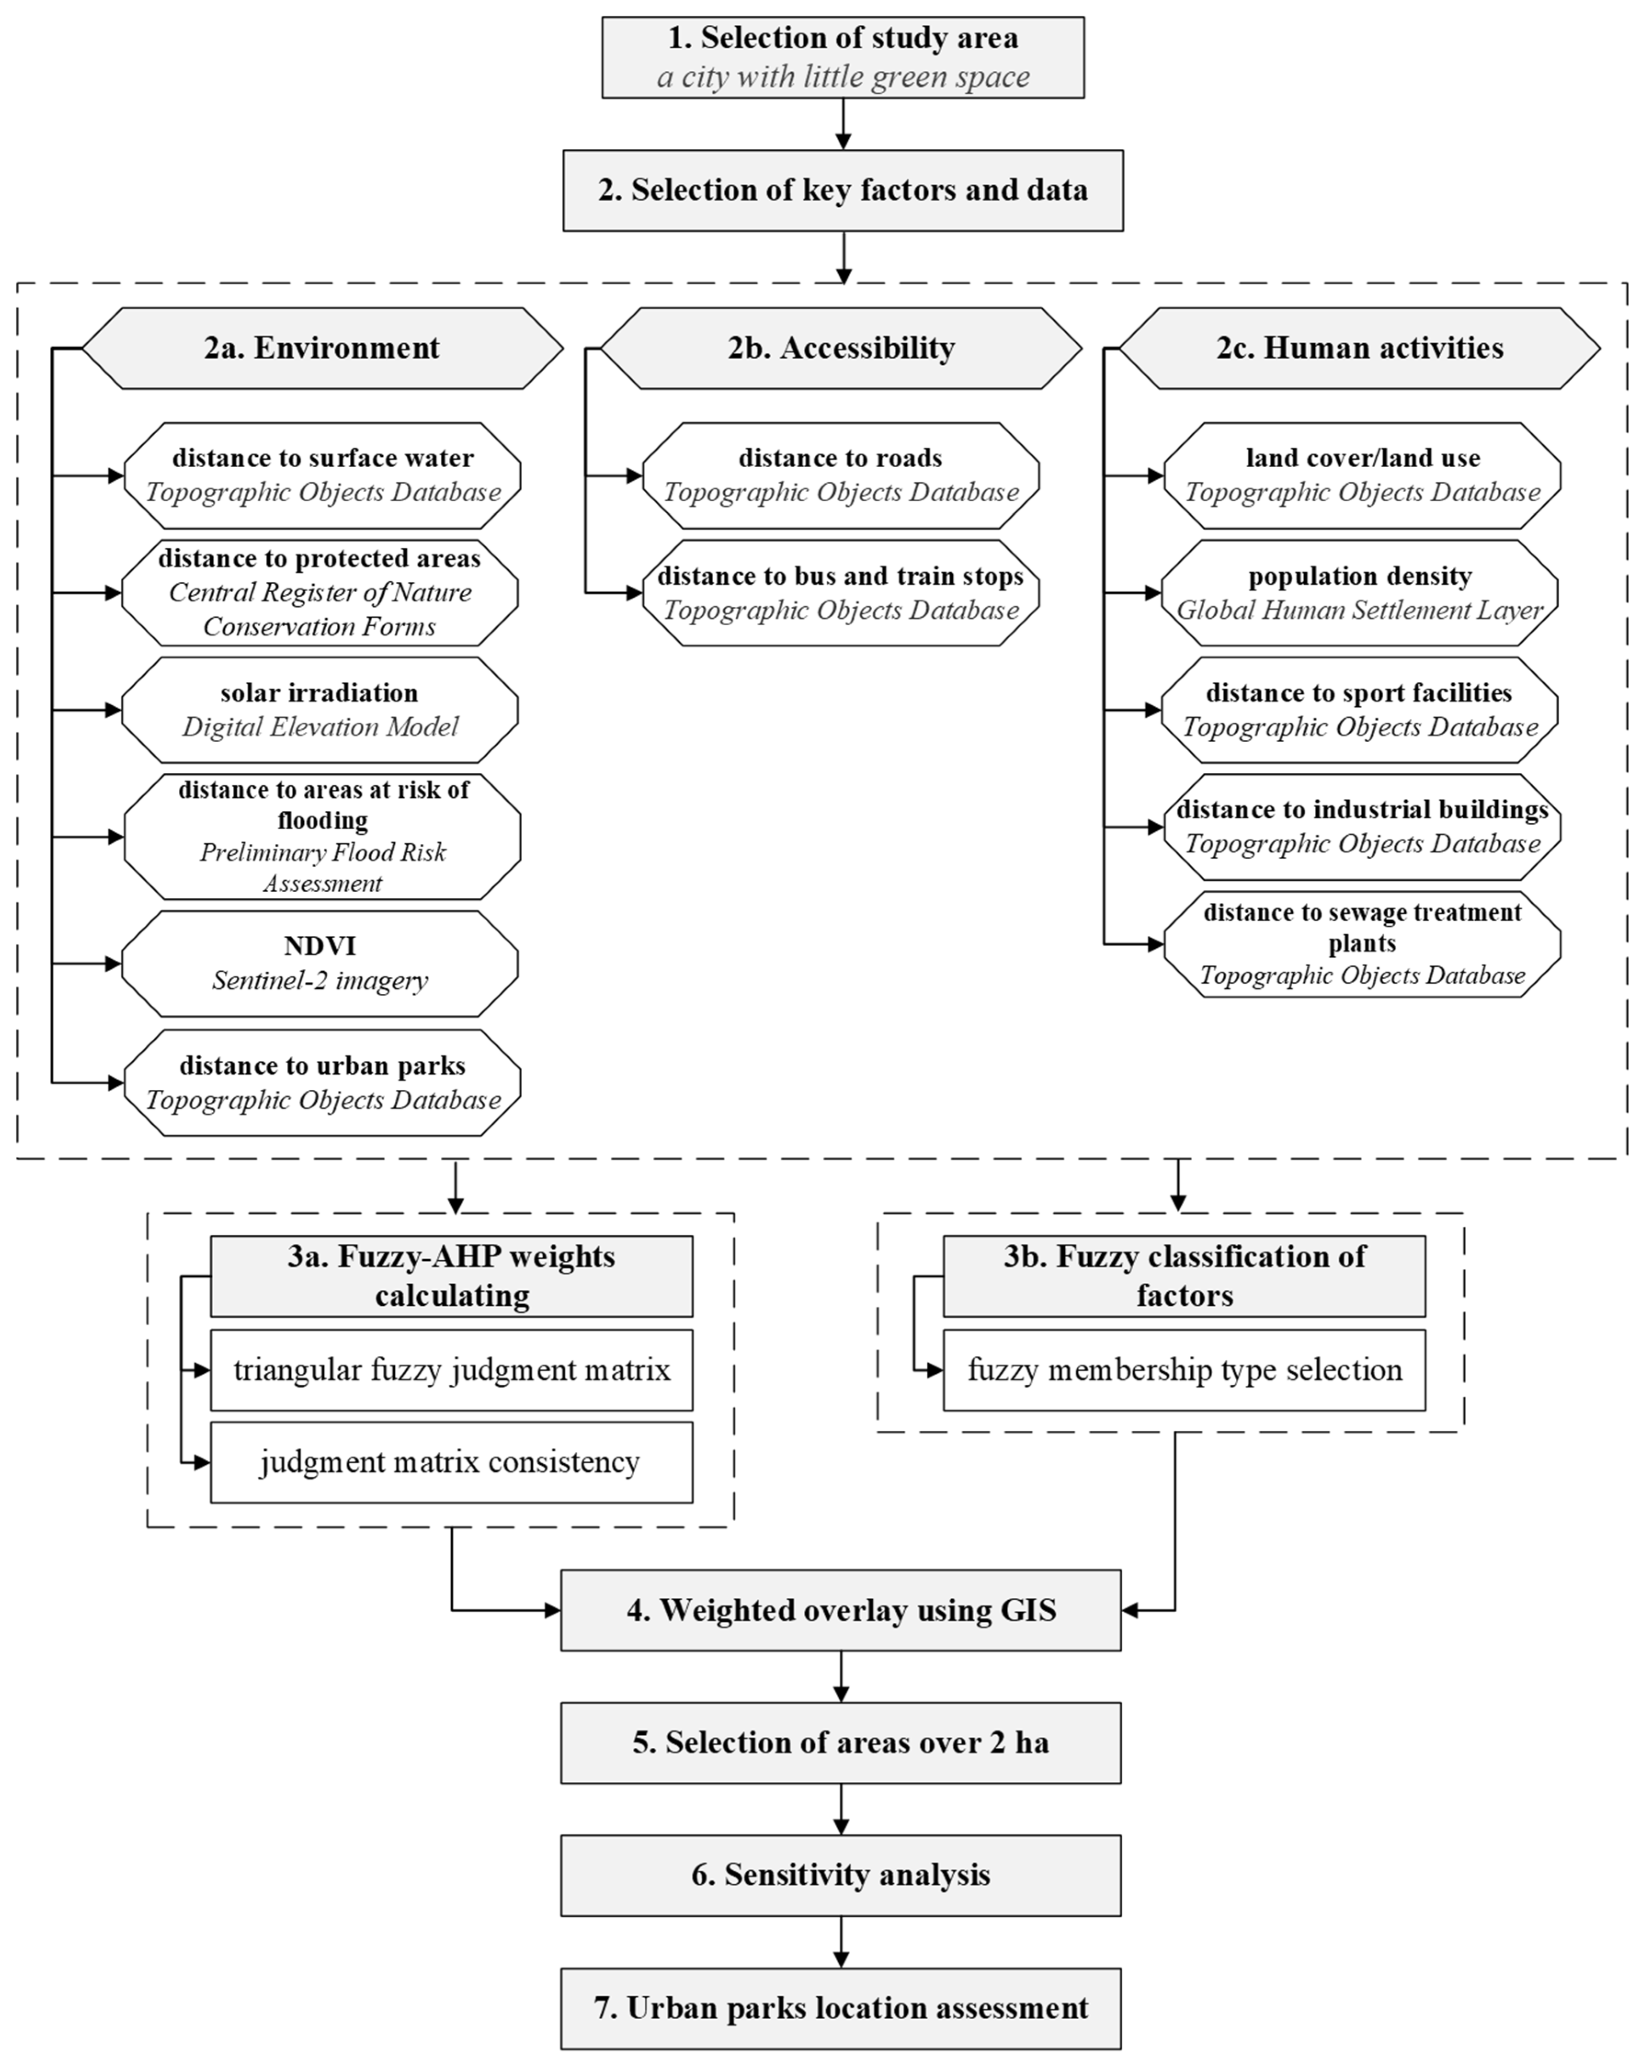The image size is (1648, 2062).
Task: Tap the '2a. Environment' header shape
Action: click(x=322, y=348)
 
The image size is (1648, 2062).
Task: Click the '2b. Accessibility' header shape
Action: click(x=841, y=348)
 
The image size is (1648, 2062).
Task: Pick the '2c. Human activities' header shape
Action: click(x=1359, y=348)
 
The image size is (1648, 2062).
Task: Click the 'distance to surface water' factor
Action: click(x=322, y=476)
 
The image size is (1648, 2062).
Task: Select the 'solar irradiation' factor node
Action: click(x=319, y=710)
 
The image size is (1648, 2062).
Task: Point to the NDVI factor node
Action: click(x=319, y=963)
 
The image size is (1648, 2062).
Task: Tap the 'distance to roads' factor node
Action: click(x=841, y=476)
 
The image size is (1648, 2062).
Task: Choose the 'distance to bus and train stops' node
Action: click(x=841, y=593)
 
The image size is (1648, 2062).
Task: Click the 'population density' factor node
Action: click(x=1359, y=593)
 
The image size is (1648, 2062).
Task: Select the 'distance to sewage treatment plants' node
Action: click(x=1362, y=944)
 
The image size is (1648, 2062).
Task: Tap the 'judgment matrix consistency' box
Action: click(x=451, y=1462)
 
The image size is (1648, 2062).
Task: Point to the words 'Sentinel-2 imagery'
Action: click(x=319, y=980)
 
